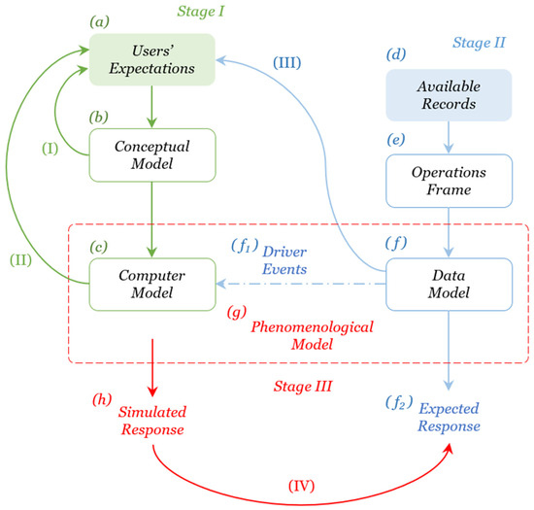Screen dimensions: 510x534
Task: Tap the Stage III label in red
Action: (x=303, y=386)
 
